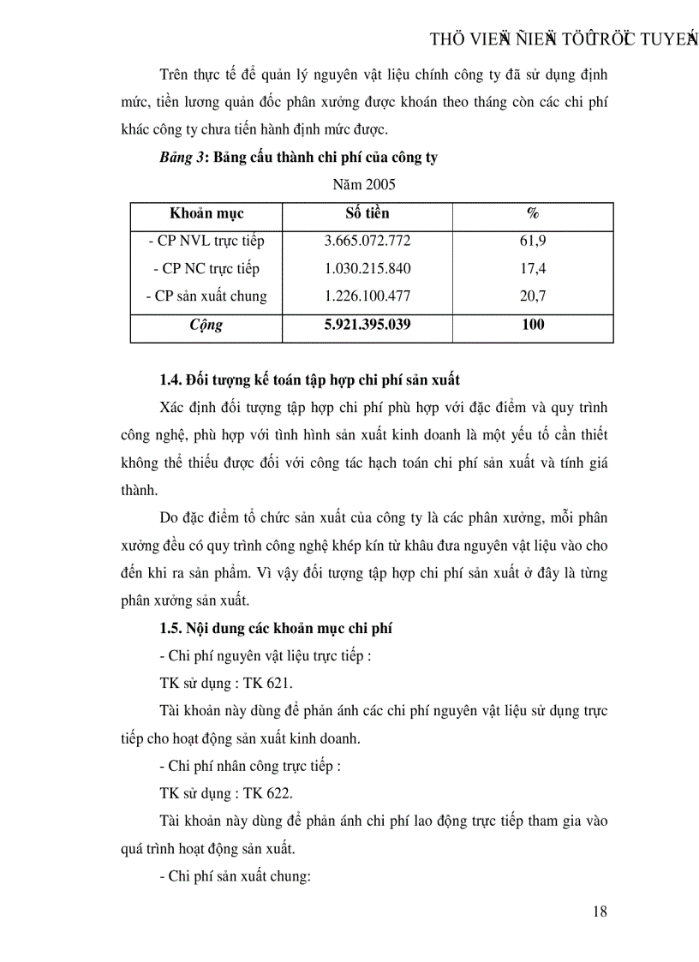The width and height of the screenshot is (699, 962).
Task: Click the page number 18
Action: (600, 911)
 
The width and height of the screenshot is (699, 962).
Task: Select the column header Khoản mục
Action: (206, 213)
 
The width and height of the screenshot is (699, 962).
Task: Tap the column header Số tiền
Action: (367, 213)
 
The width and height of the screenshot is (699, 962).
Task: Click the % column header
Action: (532, 213)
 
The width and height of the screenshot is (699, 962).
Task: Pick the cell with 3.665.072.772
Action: (367, 241)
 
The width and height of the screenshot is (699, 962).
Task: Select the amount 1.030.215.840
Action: (367, 268)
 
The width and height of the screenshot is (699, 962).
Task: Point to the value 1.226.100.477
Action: (367, 296)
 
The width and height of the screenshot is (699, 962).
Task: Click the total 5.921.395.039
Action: (367, 325)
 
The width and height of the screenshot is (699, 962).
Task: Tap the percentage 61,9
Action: (532, 241)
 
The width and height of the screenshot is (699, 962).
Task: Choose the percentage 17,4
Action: (532, 268)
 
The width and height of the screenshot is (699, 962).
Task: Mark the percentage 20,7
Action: (532, 296)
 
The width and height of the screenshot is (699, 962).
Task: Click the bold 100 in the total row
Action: (532, 325)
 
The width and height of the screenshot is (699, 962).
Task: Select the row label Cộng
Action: (206, 326)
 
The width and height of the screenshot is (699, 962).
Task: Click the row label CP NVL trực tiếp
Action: (206, 241)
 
